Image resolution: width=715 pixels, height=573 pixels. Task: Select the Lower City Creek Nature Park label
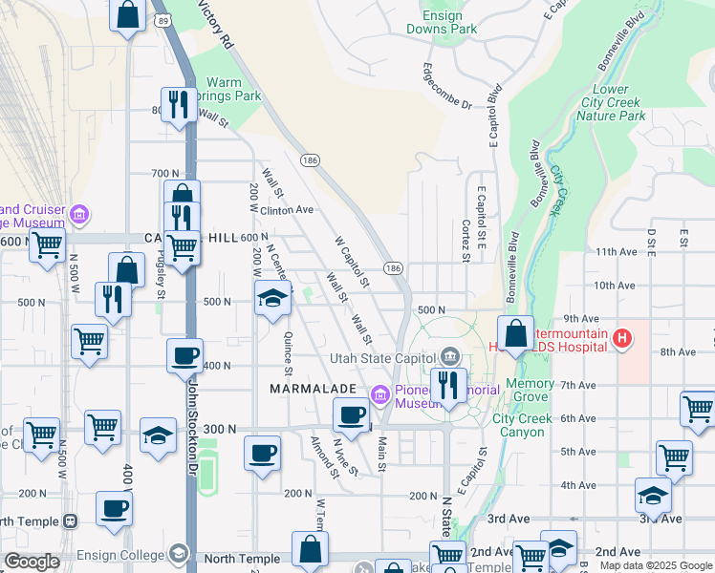[x=612, y=101]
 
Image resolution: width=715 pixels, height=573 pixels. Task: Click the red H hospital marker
[x=622, y=337]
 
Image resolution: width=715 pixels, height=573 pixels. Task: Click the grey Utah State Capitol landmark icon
[x=450, y=357]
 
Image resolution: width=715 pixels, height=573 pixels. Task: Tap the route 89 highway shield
[x=163, y=20]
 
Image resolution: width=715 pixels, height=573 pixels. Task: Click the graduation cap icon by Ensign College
[x=179, y=554]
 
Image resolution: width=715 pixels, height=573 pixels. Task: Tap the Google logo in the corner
[x=31, y=562]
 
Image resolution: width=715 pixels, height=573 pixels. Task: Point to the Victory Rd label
[x=216, y=24]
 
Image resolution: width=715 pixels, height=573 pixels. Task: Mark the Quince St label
[x=288, y=351]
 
